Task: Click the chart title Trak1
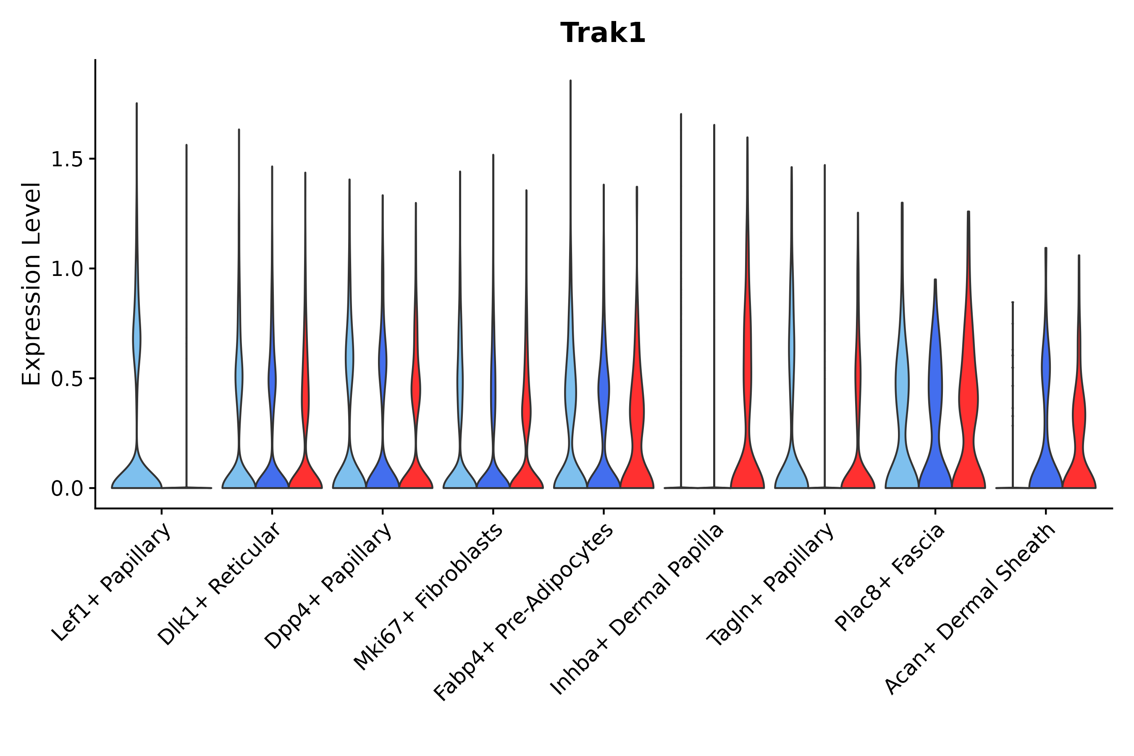(x=603, y=33)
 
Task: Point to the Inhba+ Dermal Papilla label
(x=638, y=609)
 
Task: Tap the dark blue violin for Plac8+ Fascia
(x=935, y=410)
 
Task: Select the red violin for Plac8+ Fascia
(x=968, y=410)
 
